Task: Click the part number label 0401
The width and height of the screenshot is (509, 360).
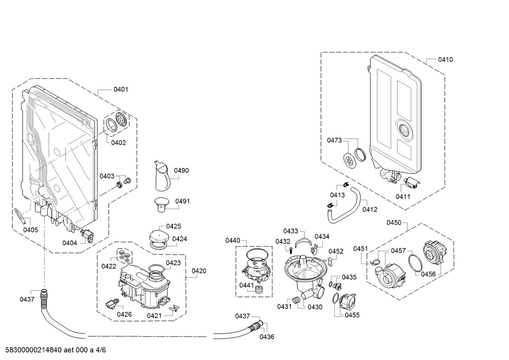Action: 121,90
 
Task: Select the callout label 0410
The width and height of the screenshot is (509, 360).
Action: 445,60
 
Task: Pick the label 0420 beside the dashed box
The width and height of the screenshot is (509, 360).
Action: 199,271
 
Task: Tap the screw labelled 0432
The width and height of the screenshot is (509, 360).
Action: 290,250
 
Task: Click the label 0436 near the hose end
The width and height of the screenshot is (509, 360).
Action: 267,337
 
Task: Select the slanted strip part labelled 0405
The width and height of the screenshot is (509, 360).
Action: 20,216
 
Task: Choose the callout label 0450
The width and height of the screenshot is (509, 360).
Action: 394,222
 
